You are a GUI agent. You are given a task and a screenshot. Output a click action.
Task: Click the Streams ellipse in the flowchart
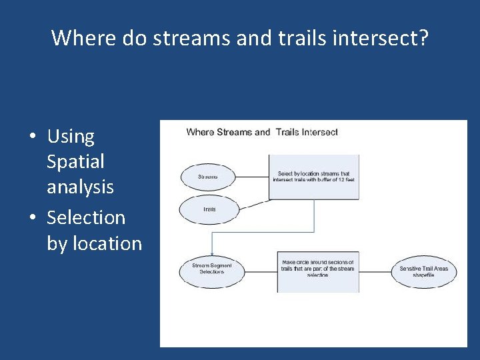[x=208, y=177]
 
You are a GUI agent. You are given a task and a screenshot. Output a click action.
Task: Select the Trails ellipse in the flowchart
[x=209, y=209]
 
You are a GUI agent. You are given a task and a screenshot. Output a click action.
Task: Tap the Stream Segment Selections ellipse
[x=212, y=269]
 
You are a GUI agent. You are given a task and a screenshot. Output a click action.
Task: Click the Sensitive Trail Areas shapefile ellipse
[x=423, y=271]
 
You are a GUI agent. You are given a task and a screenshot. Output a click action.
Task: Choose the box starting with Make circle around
[x=317, y=269]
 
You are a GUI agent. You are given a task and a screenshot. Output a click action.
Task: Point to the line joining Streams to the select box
[x=253, y=177]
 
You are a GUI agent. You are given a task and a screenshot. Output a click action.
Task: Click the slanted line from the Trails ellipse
[x=253, y=205]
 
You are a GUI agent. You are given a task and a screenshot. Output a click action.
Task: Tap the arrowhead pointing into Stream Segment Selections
[x=212, y=253]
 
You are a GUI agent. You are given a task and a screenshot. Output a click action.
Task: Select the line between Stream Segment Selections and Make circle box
[x=260, y=269]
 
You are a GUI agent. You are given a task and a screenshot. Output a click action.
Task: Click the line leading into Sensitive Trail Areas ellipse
[x=375, y=270]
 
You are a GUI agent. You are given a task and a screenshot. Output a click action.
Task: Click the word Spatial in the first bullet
[x=75, y=161]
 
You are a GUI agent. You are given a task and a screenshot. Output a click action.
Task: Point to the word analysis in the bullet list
[x=80, y=187]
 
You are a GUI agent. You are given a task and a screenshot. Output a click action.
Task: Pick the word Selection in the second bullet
[x=86, y=217]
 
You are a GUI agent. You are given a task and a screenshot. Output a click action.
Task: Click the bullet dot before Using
[x=32, y=137]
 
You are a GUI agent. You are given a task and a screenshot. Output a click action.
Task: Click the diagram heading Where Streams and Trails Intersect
[x=262, y=132]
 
